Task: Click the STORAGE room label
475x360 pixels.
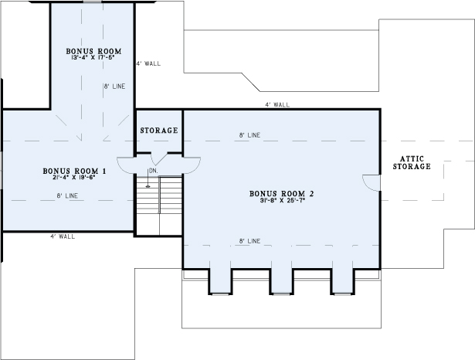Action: click(159, 131)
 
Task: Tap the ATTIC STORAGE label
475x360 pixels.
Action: click(412, 163)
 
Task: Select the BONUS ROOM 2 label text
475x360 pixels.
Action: click(281, 194)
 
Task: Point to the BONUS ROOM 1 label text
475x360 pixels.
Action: click(74, 172)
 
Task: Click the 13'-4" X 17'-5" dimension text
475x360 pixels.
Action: click(94, 56)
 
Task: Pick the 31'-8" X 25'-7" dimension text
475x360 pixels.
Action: click(282, 200)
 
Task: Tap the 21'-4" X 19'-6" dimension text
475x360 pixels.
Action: click(74, 177)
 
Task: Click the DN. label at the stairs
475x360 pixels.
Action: click(153, 171)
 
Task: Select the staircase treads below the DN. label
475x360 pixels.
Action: click(159, 205)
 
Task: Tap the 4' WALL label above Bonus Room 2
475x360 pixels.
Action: click(277, 104)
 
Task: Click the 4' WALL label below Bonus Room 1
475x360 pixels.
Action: click(63, 236)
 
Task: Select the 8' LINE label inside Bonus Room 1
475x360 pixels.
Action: click(67, 195)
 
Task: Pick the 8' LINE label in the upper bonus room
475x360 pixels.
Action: click(114, 87)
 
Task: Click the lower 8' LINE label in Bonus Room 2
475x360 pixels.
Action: click(249, 241)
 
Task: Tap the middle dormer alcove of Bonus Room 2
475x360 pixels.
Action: click(281, 281)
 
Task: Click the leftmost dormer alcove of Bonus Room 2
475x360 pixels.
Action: click(220, 281)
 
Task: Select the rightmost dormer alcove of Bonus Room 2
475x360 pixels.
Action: click(343, 281)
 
